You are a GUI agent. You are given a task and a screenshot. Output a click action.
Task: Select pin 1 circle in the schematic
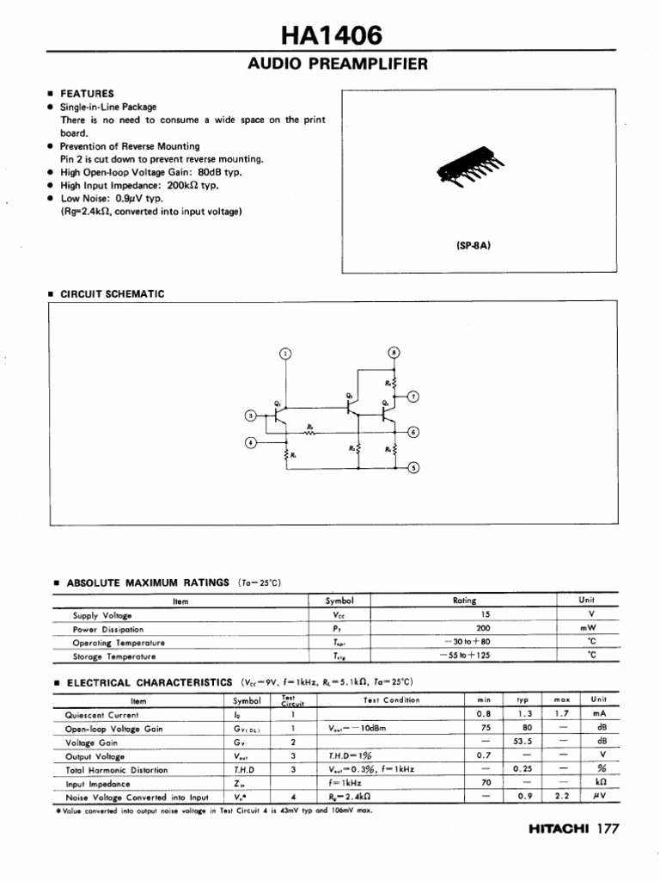[x=286, y=353]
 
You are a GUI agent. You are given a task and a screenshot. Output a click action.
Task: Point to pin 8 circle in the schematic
[x=394, y=353]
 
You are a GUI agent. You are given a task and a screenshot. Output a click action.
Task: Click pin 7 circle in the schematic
[x=413, y=397]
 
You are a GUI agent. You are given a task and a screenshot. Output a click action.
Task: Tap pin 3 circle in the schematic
[x=251, y=416]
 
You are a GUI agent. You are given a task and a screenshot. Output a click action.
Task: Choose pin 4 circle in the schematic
[x=251, y=442]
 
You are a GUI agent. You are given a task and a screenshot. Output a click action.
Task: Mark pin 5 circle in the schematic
[x=413, y=468]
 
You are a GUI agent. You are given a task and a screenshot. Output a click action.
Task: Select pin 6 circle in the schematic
[x=413, y=432]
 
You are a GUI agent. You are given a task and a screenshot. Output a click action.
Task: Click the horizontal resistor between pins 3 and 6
[x=310, y=432]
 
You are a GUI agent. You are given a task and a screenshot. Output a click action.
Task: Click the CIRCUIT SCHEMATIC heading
[x=112, y=293]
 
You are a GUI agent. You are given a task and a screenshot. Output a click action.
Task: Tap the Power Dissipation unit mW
[x=588, y=628]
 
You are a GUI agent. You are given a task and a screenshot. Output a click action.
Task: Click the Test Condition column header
[x=392, y=700]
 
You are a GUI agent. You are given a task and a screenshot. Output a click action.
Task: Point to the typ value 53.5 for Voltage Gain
[x=523, y=742]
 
